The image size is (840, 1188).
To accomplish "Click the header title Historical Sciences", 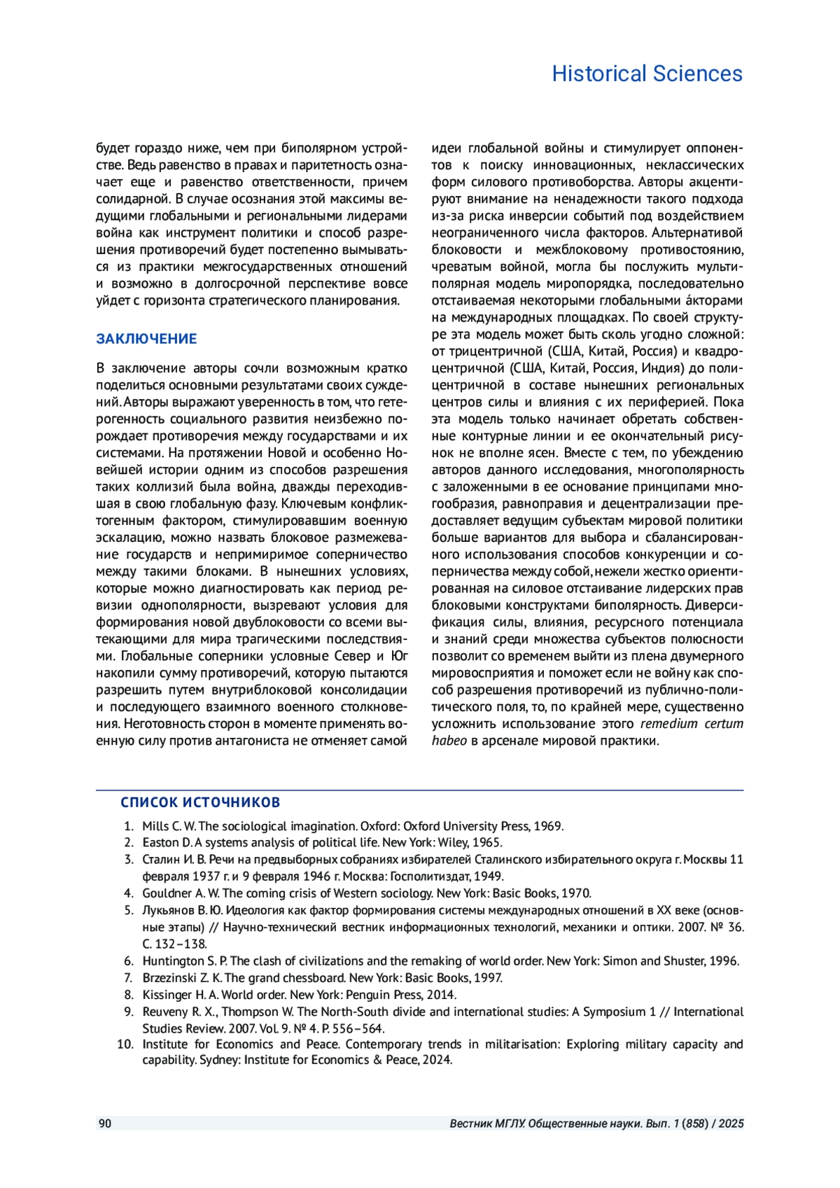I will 647,74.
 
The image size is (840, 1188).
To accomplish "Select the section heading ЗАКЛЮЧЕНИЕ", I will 146,339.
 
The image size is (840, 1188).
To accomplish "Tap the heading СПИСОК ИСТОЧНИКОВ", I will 200,802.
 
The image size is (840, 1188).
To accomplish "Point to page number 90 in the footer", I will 105,1124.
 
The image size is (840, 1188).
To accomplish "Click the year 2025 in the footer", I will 731,1124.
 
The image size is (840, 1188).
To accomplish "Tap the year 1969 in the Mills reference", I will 548,826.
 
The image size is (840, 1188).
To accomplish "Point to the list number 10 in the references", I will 125,1044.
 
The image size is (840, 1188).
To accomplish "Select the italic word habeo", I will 449,741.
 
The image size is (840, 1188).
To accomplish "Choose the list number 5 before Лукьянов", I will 129,911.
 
